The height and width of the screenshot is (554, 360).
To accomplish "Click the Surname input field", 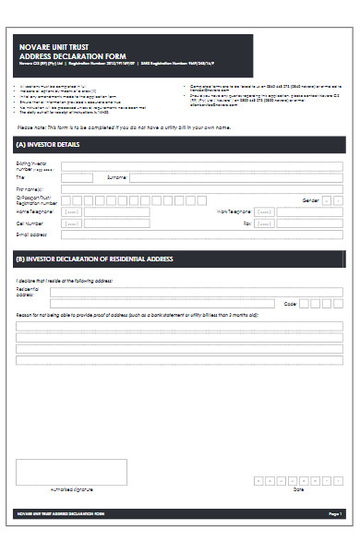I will click(x=235, y=177).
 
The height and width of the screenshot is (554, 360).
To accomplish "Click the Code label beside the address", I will click(x=290, y=303).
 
